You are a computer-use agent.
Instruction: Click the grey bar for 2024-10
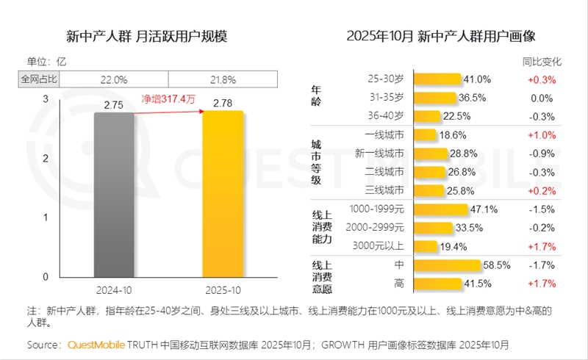tap(114, 195)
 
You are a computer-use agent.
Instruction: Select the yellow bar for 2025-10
tap(223, 194)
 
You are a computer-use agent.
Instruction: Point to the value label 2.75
tap(114, 105)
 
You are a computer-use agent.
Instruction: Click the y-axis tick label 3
tap(45, 98)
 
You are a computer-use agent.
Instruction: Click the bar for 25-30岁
tap(437, 79)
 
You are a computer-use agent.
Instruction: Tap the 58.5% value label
tap(497, 265)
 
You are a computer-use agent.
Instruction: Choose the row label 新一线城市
tap(379, 154)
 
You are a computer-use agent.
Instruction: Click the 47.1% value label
tap(482, 209)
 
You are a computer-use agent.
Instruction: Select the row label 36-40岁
tap(386, 116)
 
